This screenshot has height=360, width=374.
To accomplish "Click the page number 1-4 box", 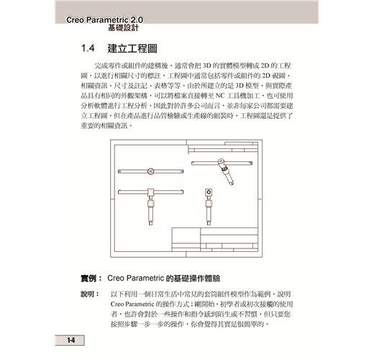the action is [x=70, y=340].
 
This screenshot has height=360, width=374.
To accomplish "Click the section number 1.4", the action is [x=88, y=48].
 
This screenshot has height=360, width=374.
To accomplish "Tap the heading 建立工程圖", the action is [x=132, y=49].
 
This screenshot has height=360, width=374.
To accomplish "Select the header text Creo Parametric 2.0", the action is [x=105, y=19].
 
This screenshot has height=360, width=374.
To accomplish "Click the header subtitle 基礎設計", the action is [x=123, y=28].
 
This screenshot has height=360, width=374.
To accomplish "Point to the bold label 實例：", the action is [x=91, y=279].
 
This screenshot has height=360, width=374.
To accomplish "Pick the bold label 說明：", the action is [x=90, y=294].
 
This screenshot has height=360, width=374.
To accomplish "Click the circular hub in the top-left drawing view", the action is [x=150, y=171].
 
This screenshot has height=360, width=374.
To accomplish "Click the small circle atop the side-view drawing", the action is [x=209, y=192].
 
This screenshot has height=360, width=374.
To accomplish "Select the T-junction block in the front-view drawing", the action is [x=150, y=192].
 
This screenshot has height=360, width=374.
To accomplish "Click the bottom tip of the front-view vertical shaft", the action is [x=150, y=225].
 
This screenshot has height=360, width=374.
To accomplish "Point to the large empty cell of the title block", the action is [x=186, y=235].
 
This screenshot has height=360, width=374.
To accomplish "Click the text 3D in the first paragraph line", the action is [x=206, y=66].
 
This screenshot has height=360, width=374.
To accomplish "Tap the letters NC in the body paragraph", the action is [x=220, y=96].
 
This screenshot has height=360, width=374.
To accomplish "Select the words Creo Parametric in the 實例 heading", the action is [x=135, y=278].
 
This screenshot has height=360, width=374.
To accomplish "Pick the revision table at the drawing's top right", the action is [x=223, y=148].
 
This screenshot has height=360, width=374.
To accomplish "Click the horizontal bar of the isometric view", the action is [x=222, y=163].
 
